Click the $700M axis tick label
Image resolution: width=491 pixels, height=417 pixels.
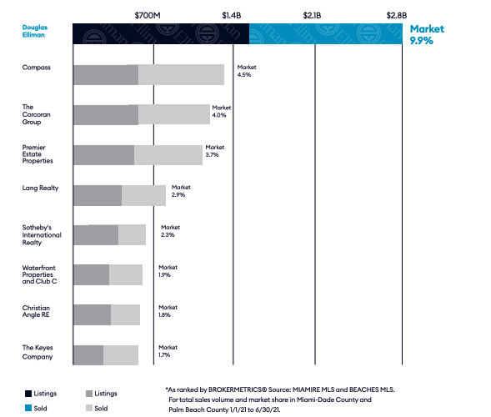click(148, 15)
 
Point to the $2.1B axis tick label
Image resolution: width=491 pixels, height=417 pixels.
click(312, 15)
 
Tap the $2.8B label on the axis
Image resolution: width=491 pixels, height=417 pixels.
click(397, 15)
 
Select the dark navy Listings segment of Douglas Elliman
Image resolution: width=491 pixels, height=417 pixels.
click(161, 33)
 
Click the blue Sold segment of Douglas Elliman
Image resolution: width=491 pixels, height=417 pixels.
click(326, 33)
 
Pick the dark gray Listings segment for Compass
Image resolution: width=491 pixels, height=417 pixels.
click(106, 74)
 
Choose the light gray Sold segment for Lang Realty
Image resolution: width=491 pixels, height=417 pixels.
click(143, 195)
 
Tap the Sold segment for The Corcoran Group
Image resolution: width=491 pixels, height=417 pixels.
click(174, 114)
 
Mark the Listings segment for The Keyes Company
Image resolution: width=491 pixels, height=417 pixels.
click(88, 355)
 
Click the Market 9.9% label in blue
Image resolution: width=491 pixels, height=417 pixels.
click(427, 35)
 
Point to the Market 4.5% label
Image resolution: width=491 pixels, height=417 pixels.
click(247, 71)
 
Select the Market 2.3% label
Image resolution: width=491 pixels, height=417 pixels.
click(170, 231)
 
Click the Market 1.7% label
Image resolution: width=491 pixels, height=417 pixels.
click(168, 351)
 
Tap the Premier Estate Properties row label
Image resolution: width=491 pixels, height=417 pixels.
click(38, 154)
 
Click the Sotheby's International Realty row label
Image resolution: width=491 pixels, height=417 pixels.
click(42, 235)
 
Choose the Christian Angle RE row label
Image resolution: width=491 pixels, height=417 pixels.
click(36, 311)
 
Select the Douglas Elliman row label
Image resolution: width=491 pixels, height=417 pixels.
click(35, 31)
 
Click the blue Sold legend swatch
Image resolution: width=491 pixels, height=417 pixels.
click(28, 408)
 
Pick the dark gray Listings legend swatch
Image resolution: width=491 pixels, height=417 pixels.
click(89, 394)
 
